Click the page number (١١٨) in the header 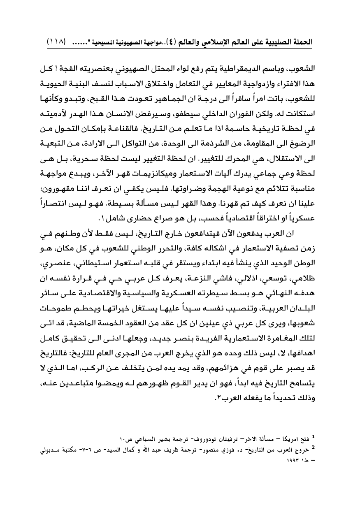[x=57, y=42]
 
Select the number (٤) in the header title [x=175, y=42]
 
